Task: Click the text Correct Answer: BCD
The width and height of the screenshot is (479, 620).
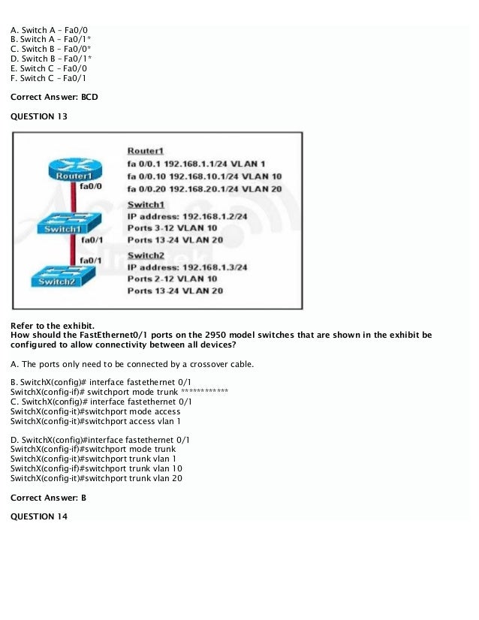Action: click(x=54, y=97)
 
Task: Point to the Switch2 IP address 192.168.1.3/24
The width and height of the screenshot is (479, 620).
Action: click(x=187, y=266)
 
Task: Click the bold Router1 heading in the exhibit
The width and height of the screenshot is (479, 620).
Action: click(x=146, y=151)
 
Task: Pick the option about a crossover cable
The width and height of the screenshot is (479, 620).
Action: click(x=132, y=364)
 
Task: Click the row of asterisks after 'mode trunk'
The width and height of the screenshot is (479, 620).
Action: click(x=205, y=392)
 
